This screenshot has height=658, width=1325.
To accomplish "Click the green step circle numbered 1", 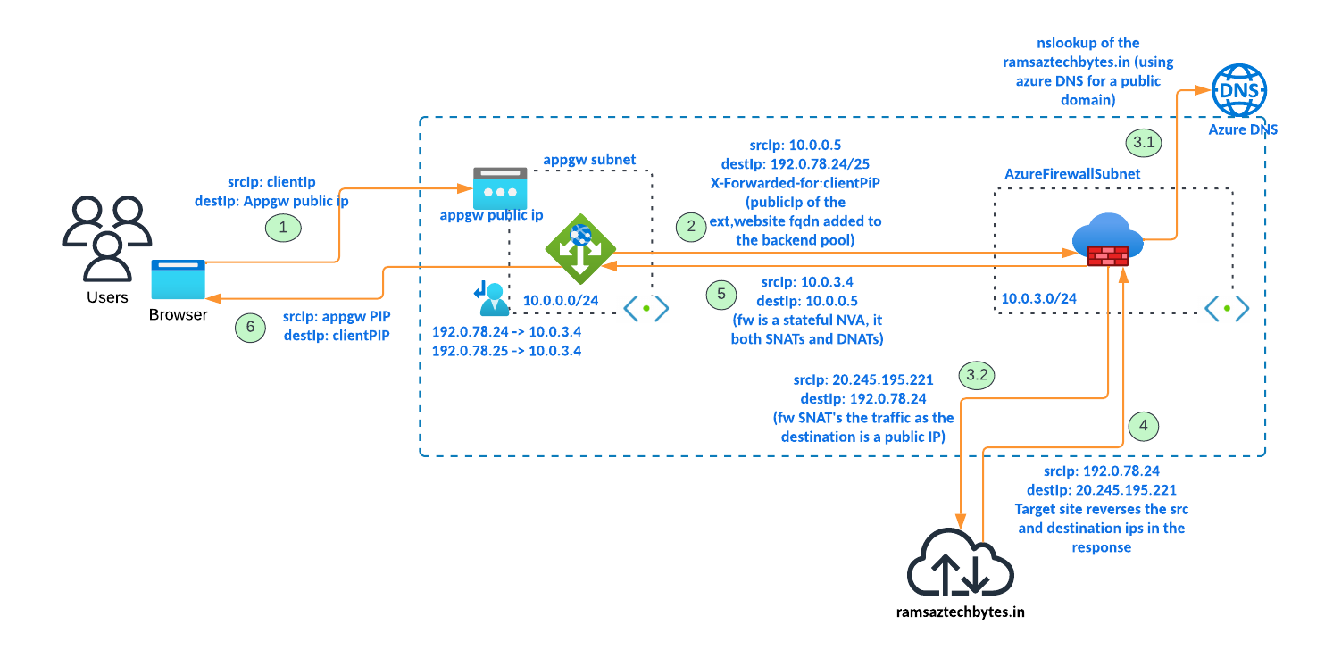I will coord(284,228).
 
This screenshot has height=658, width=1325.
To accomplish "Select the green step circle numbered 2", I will coord(691,227).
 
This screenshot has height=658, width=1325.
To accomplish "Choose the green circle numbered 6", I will coord(251,328).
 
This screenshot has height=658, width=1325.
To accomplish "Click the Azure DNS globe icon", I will coord(1240,91).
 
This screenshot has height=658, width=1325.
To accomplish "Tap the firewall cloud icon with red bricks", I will coord(1107,241).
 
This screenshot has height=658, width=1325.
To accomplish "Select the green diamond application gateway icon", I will coord(580,249).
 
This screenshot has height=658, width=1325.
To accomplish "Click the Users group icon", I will coord(106,237).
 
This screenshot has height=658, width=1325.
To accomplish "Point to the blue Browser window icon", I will coord(178,279).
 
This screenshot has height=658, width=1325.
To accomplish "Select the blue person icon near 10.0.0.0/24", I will coord(489,299).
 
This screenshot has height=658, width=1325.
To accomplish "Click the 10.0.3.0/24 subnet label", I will coord(1038,298).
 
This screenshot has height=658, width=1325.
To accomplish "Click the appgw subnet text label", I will coord(589,160).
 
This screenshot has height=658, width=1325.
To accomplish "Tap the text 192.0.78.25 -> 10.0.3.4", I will coord(506,351).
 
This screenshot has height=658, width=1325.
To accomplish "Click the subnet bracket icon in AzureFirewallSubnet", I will coord(1227,307).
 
